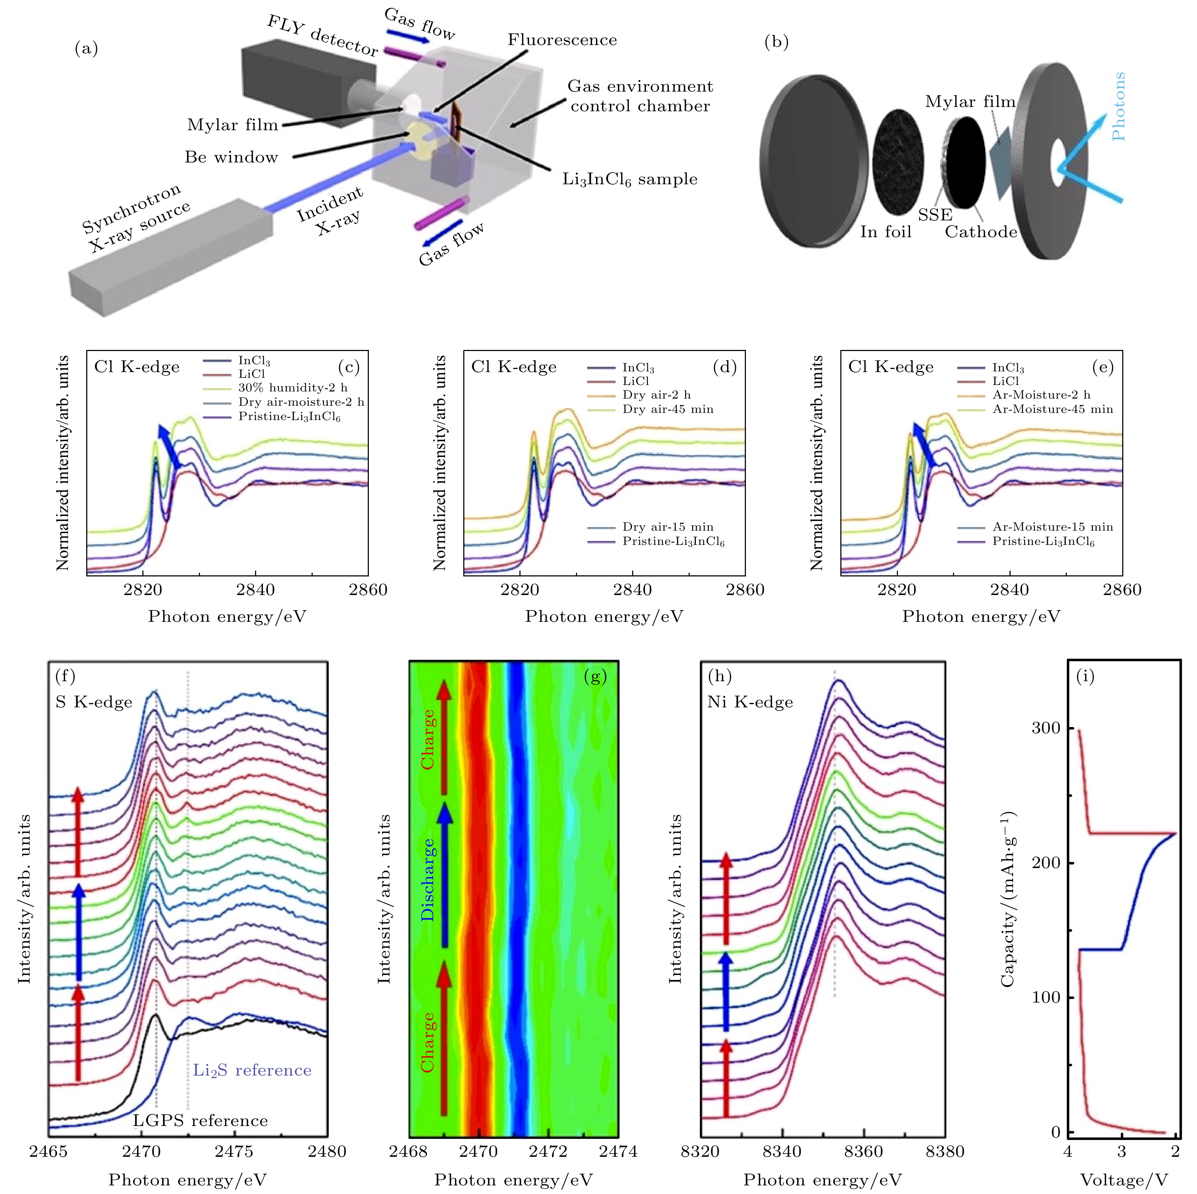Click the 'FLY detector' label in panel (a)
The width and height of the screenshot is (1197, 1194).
[322, 35]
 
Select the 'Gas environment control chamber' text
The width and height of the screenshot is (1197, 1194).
[640, 96]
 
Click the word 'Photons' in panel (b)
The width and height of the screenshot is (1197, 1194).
[1118, 107]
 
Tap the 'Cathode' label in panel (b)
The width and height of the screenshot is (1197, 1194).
[981, 232]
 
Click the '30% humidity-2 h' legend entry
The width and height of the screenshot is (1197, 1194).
[293, 388]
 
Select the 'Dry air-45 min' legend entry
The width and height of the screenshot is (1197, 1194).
[668, 409]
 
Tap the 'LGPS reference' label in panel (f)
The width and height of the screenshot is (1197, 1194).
[200, 1120]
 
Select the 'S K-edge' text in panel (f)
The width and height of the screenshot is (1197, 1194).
[94, 702]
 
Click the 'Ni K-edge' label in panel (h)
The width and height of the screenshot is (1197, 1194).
[750, 702]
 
